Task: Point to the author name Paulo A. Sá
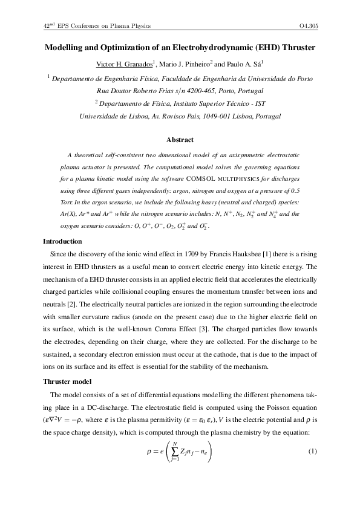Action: coord(243,63)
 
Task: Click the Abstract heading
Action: coord(180,140)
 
